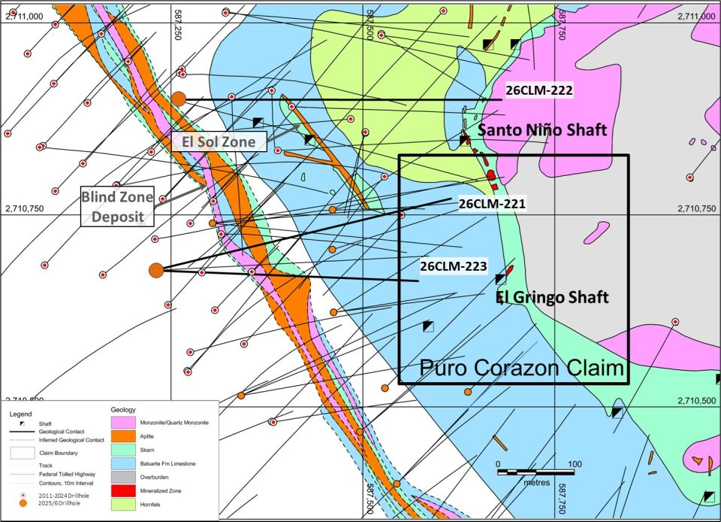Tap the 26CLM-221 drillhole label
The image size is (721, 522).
coord(491,203)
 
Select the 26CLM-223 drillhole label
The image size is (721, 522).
coord(454,266)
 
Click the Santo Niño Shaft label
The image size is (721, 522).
coord(542,130)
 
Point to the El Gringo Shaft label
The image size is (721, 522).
coord(552,298)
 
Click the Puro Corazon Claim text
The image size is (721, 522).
coord(522,368)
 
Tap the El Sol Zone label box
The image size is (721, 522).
coord(219,141)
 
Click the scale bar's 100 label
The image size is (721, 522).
coord(574,463)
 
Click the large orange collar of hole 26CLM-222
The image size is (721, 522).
coord(179,99)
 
